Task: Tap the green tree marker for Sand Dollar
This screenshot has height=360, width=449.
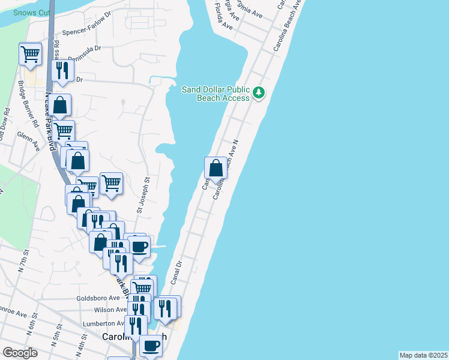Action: pyautogui.click(x=259, y=92)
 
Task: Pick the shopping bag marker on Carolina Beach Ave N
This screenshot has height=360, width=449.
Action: pyautogui.click(x=215, y=169)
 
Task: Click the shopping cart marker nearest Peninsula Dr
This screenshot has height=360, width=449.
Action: pyautogui.click(x=30, y=54)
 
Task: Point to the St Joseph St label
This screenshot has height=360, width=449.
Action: pyautogui.click(x=142, y=195)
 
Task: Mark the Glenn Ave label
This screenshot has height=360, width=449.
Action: pyautogui.click(x=29, y=142)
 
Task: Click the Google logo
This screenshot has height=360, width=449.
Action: pyautogui.click(x=20, y=353)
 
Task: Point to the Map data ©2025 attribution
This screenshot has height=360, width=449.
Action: pyautogui.click(x=423, y=355)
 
